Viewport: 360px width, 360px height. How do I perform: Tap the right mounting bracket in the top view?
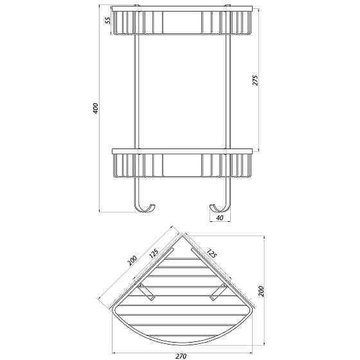tap(217, 292)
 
